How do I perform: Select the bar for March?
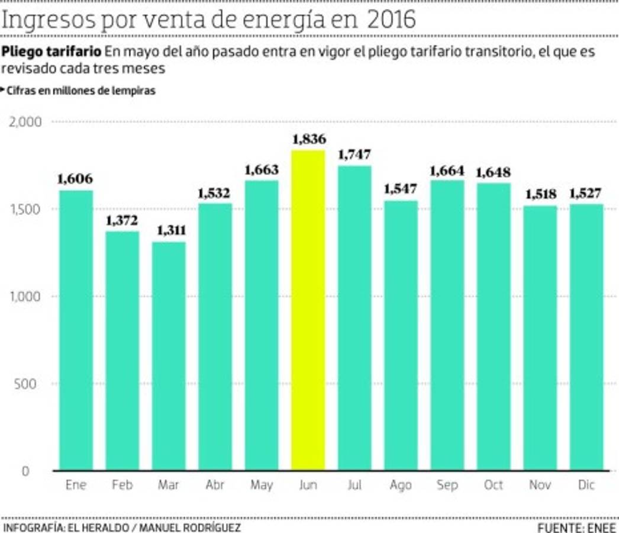pyautogui.click(x=169, y=355)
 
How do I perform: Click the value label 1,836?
pyautogui.click(x=308, y=140)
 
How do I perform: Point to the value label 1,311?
pyautogui.click(x=169, y=231)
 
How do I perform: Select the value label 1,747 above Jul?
pyautogui.click(x=354, y=155)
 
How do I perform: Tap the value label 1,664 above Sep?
pyautogui.click(x=447, y=171)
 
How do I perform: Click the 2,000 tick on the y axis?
pyautogui.click(x=25, y=122)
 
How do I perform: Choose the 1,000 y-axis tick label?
pyautogui.click(x=25, y=297)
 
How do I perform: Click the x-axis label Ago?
pyautogui.click(x=401, y=486)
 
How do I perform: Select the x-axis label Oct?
pyautogui.click(x=494, y=486)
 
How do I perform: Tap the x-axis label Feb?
pyautogui.click(x=122, y=486)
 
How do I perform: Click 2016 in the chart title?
pyautogui.click(x=391, y=20)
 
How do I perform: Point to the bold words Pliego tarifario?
pyautogui.click(x=51, y=52)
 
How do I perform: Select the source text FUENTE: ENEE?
pyautogui.click(x=576, y=527)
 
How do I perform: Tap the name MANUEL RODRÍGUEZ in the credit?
pyautogui.click(x=193, y=527)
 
